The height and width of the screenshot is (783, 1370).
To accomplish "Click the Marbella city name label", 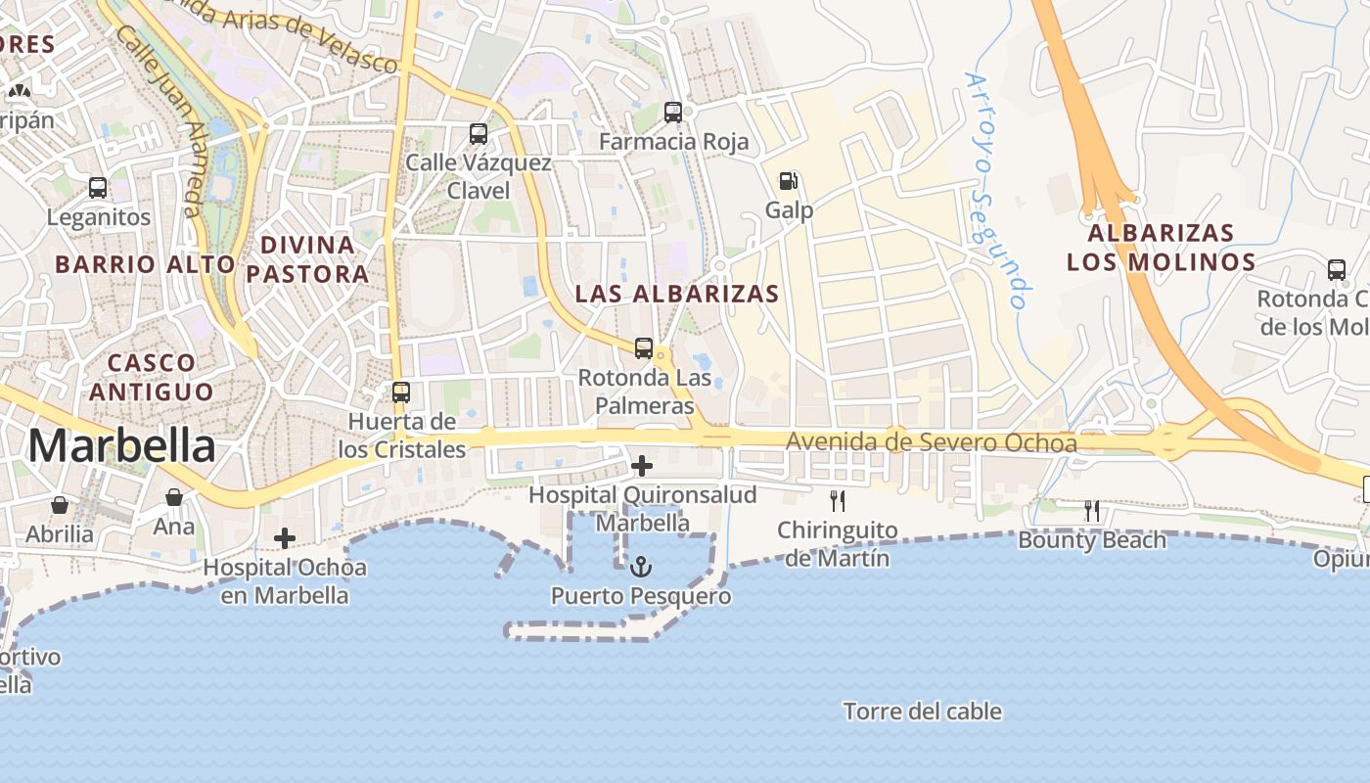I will coord(121,446).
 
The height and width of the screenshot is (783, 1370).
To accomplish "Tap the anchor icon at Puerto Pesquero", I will coord(640,567).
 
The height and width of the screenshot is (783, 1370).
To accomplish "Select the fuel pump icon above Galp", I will coord(788,181).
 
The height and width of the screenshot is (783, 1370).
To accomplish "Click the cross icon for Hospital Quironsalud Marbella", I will coord(642,466).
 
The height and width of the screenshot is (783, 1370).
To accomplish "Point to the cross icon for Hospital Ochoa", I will coord(285,538).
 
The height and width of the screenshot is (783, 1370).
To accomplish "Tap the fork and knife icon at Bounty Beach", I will coord(1092,511).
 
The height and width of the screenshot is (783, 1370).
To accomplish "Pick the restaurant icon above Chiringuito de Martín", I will coord(838,501).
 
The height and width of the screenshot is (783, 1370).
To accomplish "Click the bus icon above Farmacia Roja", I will coord(673,113).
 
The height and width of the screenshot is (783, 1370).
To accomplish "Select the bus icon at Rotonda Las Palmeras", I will coord(644,347).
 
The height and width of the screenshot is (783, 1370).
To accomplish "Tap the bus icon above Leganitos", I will coord(98,188).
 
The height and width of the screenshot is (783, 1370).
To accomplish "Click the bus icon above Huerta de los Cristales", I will coord(401,392).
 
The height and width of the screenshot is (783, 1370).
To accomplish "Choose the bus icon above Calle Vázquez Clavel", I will coord(479,134).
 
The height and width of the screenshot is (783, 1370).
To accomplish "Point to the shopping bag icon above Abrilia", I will coord(60,505).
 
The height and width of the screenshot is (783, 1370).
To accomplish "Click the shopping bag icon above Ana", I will coord(174,498).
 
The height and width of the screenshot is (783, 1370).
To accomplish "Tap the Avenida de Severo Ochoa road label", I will coord(932,443).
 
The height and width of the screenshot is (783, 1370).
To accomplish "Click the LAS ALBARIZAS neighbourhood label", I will coord(677,294).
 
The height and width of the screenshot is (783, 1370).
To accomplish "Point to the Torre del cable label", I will coord(923,712).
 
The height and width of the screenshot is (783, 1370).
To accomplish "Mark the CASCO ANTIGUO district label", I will coord(151,377).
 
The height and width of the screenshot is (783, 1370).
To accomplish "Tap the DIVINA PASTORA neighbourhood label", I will coord(307,258).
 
